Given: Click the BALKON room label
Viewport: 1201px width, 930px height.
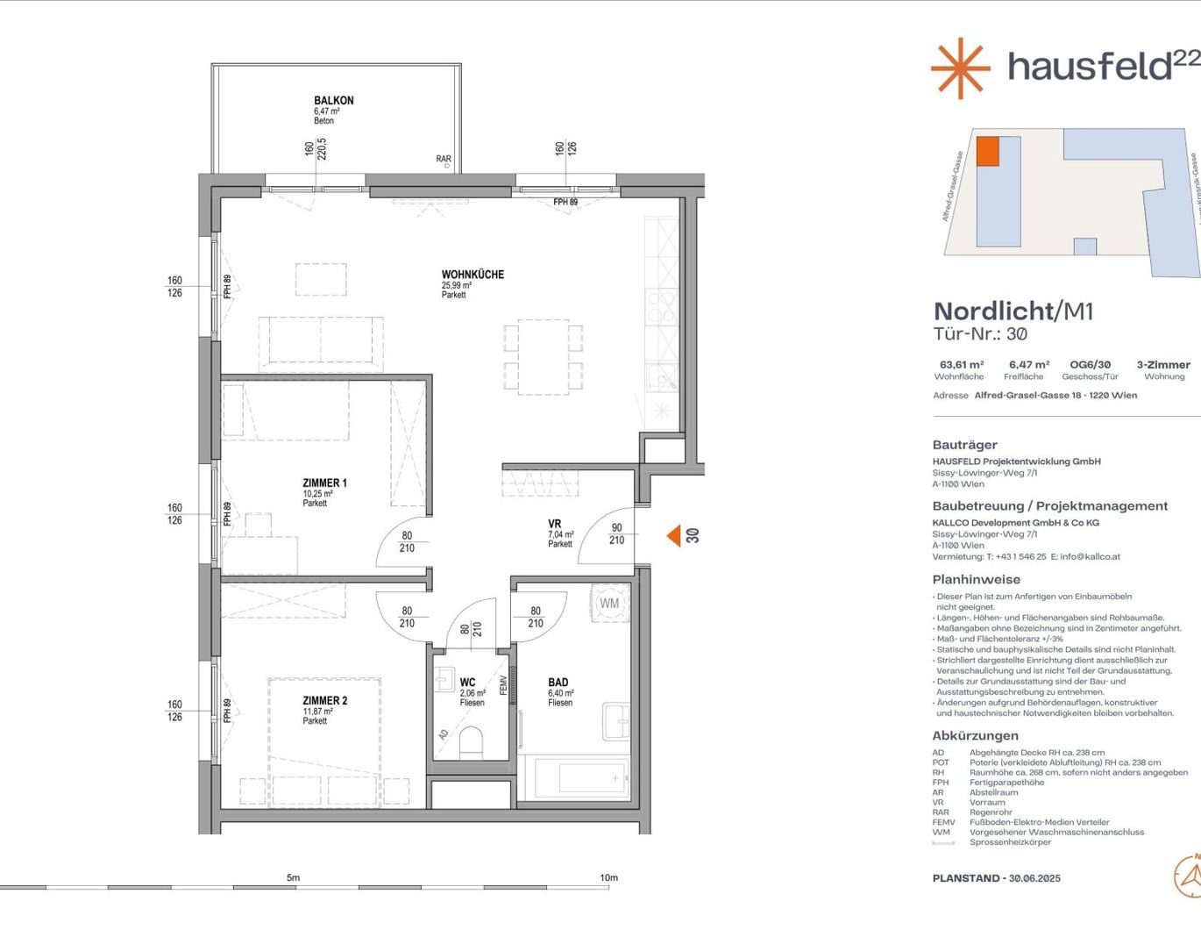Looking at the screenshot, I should pyautogui.click(x=334, y=101).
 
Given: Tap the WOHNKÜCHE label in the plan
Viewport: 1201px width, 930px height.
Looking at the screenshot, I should pyautogui.click(x=473, y=275).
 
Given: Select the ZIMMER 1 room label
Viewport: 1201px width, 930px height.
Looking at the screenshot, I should pyautogui.click(x=324, y=483).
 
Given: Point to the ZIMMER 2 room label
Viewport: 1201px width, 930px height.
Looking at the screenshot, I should pyautogui.click(x=324, y=701).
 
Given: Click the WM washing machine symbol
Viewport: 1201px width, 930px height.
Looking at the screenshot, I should pyautogui.click(x=609, y=604).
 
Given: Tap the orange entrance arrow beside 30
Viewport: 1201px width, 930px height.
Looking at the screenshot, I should pyautogui.click(x=673, y=535).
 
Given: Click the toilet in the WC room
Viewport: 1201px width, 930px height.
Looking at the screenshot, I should pyautogui.click(x=471, y=742).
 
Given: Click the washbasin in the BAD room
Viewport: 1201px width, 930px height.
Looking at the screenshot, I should pyautogui.click(x=616, y=721).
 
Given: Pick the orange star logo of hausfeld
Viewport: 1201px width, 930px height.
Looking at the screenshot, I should pyautogui.click(x=960, y=68).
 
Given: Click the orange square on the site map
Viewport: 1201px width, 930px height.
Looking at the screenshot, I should pyautogui.click(x=988, y=152).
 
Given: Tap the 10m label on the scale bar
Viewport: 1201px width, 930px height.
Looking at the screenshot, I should pyautogui.click(x=608, y=877).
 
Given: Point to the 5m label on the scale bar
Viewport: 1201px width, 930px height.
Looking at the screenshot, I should pyautogui.click(x=293, y=877).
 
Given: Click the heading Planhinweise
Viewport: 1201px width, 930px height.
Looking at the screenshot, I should pyautogui.click(x=976, y=580).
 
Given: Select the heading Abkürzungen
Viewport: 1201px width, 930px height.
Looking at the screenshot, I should pyautogui.click(x=975, y=736).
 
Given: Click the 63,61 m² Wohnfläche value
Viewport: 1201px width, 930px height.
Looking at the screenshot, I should pyautogui.click(x=962, y=365).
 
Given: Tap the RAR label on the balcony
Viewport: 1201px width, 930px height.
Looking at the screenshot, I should pyautogui.click(x=444, y=160).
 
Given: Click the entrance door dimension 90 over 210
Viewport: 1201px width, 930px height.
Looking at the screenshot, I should pyautogui.click(x=617, y=534).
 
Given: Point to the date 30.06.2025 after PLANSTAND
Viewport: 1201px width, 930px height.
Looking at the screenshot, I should pyautogui.click(x=1034, y=878).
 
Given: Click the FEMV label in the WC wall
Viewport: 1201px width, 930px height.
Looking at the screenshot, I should pyautogui.click(x=503, y=685).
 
